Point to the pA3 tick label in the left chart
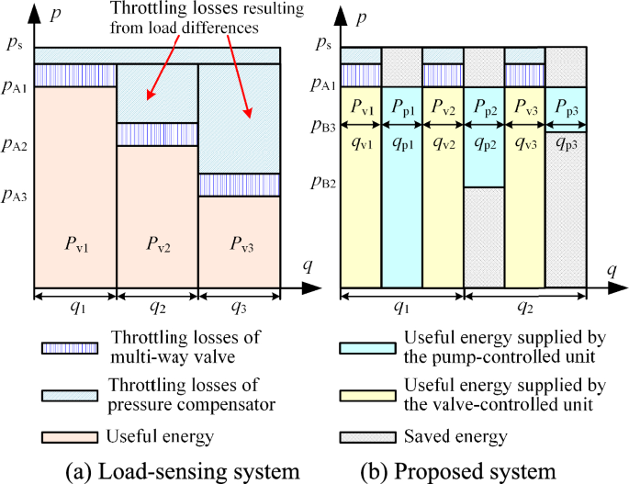[x=16, y=195]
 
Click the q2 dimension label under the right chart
[x=526, y=308]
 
